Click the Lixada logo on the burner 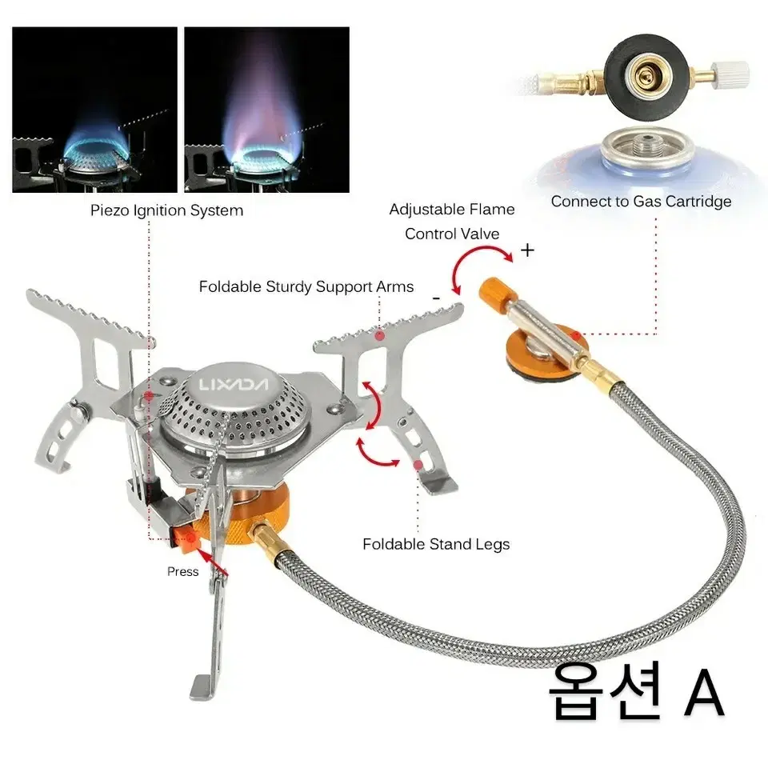[x=234, y=384]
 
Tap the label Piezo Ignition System [x=166, y=210]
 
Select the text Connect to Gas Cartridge [x=641, y=202]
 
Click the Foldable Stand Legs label [x=436, y=544]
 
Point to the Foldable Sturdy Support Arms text [x=306, y=286]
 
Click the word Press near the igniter [x=182, y=571]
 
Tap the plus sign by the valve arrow [x=527, y=250]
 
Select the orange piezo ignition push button [x=187, y=540]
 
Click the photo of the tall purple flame [x=267, y=110]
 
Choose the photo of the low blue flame [x=94, y=110]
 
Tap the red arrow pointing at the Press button [x=212, y=562]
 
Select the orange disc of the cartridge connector [x=538, y=354]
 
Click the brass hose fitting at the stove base [x=269, y=538]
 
